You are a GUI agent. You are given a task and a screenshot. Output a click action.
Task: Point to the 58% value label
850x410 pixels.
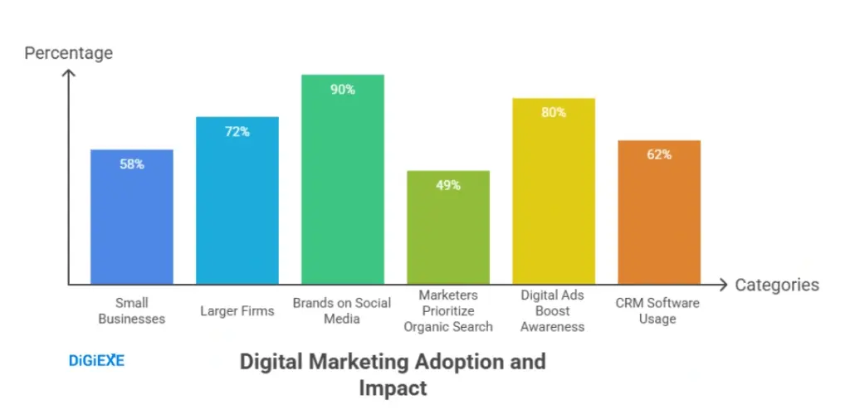point(131,164)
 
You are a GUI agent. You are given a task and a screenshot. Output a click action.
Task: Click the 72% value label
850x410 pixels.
point(237,131)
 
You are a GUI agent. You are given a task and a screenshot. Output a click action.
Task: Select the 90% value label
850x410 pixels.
point(342,89)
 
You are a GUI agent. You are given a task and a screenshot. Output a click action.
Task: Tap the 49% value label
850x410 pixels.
point(447,185)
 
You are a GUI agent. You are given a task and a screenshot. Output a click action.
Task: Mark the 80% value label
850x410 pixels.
point(553,112)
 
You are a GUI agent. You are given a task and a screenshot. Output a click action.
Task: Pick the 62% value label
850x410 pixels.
point(659,154)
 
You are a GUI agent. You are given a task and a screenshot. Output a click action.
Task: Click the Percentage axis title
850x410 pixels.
point(68,53)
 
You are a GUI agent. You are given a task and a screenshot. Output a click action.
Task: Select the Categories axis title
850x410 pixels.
point(777,285)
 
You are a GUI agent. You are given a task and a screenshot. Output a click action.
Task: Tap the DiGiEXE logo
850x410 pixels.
point(95,361)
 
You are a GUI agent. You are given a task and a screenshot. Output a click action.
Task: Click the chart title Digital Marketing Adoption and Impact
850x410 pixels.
point(393,374)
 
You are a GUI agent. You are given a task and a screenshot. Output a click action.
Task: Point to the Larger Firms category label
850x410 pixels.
point(237,311)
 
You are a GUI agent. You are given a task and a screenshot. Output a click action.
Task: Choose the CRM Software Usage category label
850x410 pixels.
point(657,310)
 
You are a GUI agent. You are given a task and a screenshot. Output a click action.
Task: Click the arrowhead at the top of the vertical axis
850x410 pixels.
point(69,74)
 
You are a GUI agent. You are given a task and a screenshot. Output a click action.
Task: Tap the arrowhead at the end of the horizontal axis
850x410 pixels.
point(725,285)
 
